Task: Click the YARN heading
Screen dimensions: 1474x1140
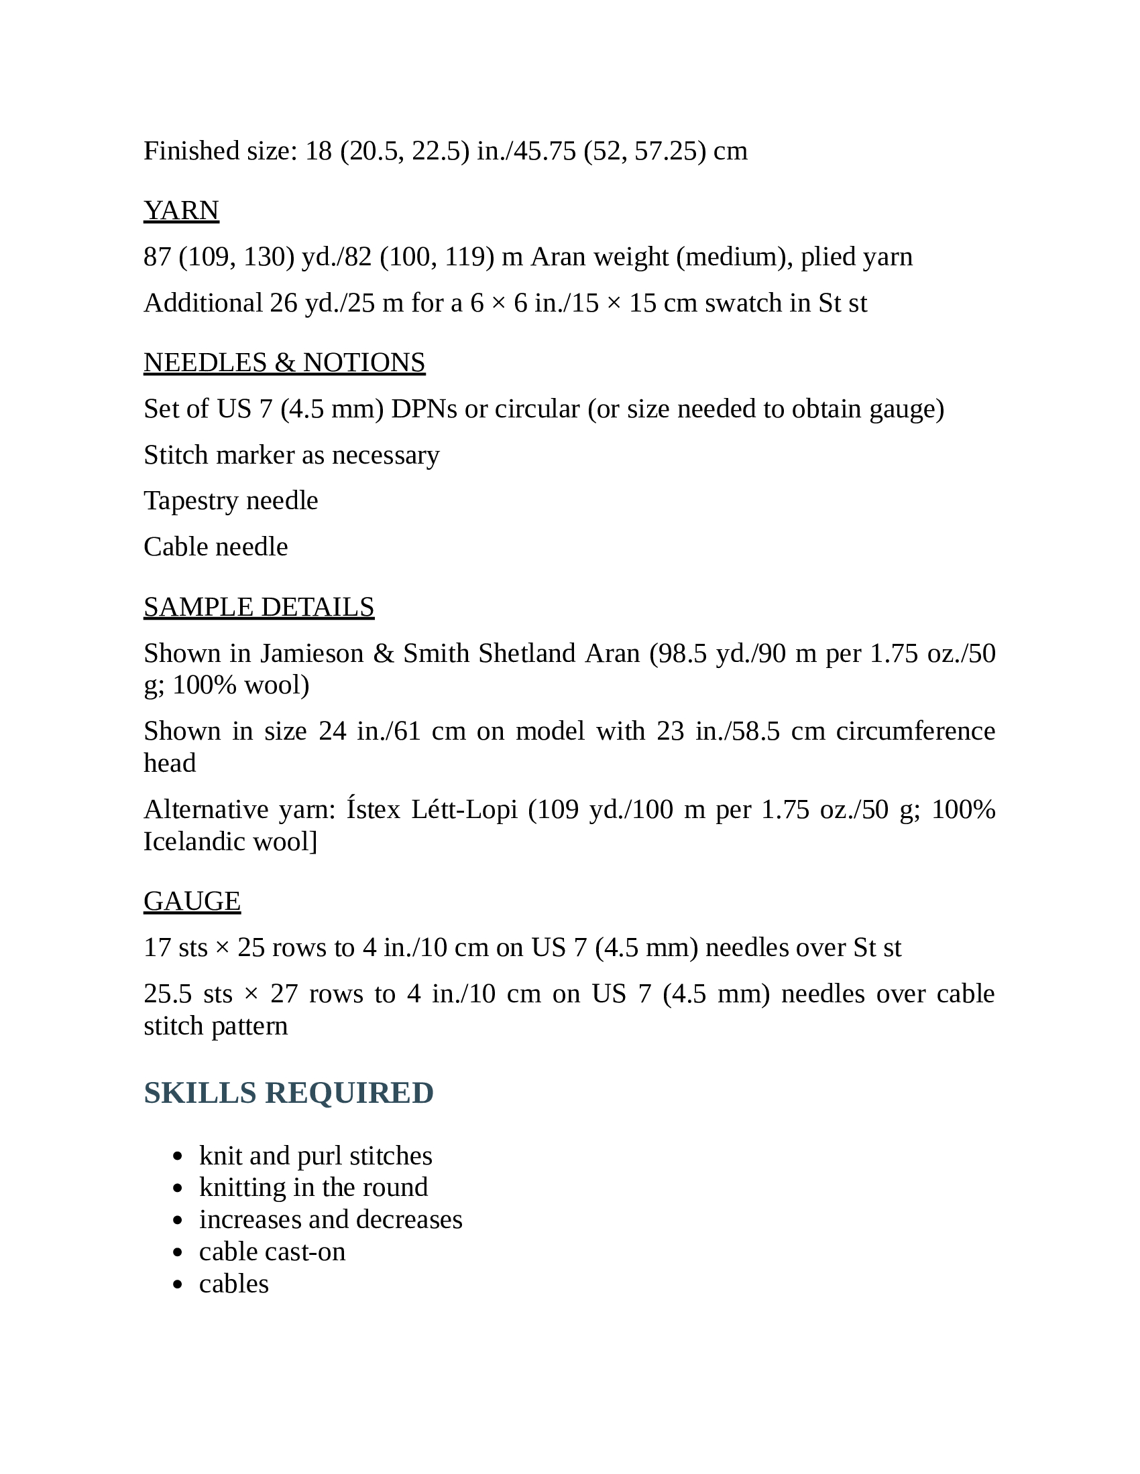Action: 181,210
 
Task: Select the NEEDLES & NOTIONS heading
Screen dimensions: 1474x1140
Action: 284,362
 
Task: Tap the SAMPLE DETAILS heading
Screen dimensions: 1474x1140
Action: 259,607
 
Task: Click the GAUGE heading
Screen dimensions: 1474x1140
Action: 192,901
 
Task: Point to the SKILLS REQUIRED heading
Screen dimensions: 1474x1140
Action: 288,1093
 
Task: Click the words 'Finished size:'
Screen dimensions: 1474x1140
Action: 220,151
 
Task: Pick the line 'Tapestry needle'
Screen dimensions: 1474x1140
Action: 230,500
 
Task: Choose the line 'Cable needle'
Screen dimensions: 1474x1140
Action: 215,547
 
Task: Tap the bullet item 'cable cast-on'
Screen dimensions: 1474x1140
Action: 272,1252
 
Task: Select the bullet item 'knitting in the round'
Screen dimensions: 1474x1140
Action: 313,1187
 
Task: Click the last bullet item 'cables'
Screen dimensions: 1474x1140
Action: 233,1284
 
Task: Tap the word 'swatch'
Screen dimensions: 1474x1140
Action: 745,303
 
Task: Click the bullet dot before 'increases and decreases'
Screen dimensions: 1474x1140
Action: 178,1220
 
